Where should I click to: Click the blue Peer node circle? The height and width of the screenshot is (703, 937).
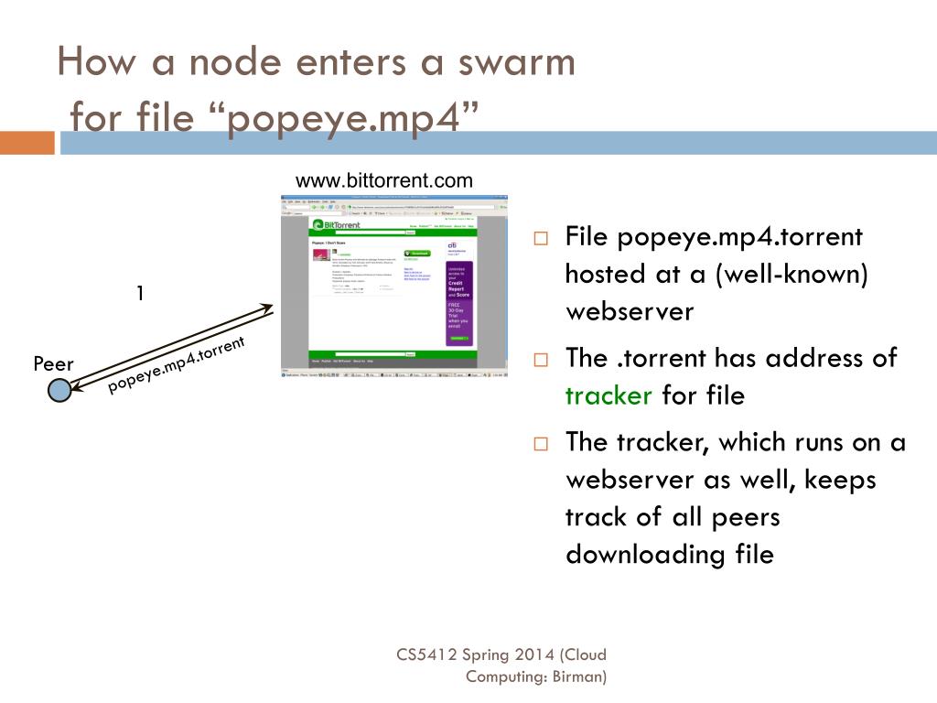(x=59, y=392)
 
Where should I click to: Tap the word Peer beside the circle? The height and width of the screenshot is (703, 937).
(x=53, y=364)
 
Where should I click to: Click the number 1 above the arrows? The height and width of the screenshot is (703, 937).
(x=140, y=293)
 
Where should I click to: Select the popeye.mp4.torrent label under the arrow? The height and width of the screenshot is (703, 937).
(x=177, y=364)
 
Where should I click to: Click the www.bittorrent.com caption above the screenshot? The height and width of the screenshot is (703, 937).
(x=383, y=180)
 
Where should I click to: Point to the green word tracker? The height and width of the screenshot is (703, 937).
(x=609, y=395)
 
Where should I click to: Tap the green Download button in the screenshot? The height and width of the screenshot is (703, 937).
(x=416, y=254)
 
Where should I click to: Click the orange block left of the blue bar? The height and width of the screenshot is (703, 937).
(x=27, y=143)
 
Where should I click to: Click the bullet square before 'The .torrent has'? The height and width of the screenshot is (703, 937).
(x=541, y=360)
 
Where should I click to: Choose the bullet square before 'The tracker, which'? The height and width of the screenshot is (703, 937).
(x=541, y=444)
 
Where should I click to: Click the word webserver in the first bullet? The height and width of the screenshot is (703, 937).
(x=630, y=311)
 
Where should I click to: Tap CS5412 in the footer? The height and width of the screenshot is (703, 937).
(x=426, y=654)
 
